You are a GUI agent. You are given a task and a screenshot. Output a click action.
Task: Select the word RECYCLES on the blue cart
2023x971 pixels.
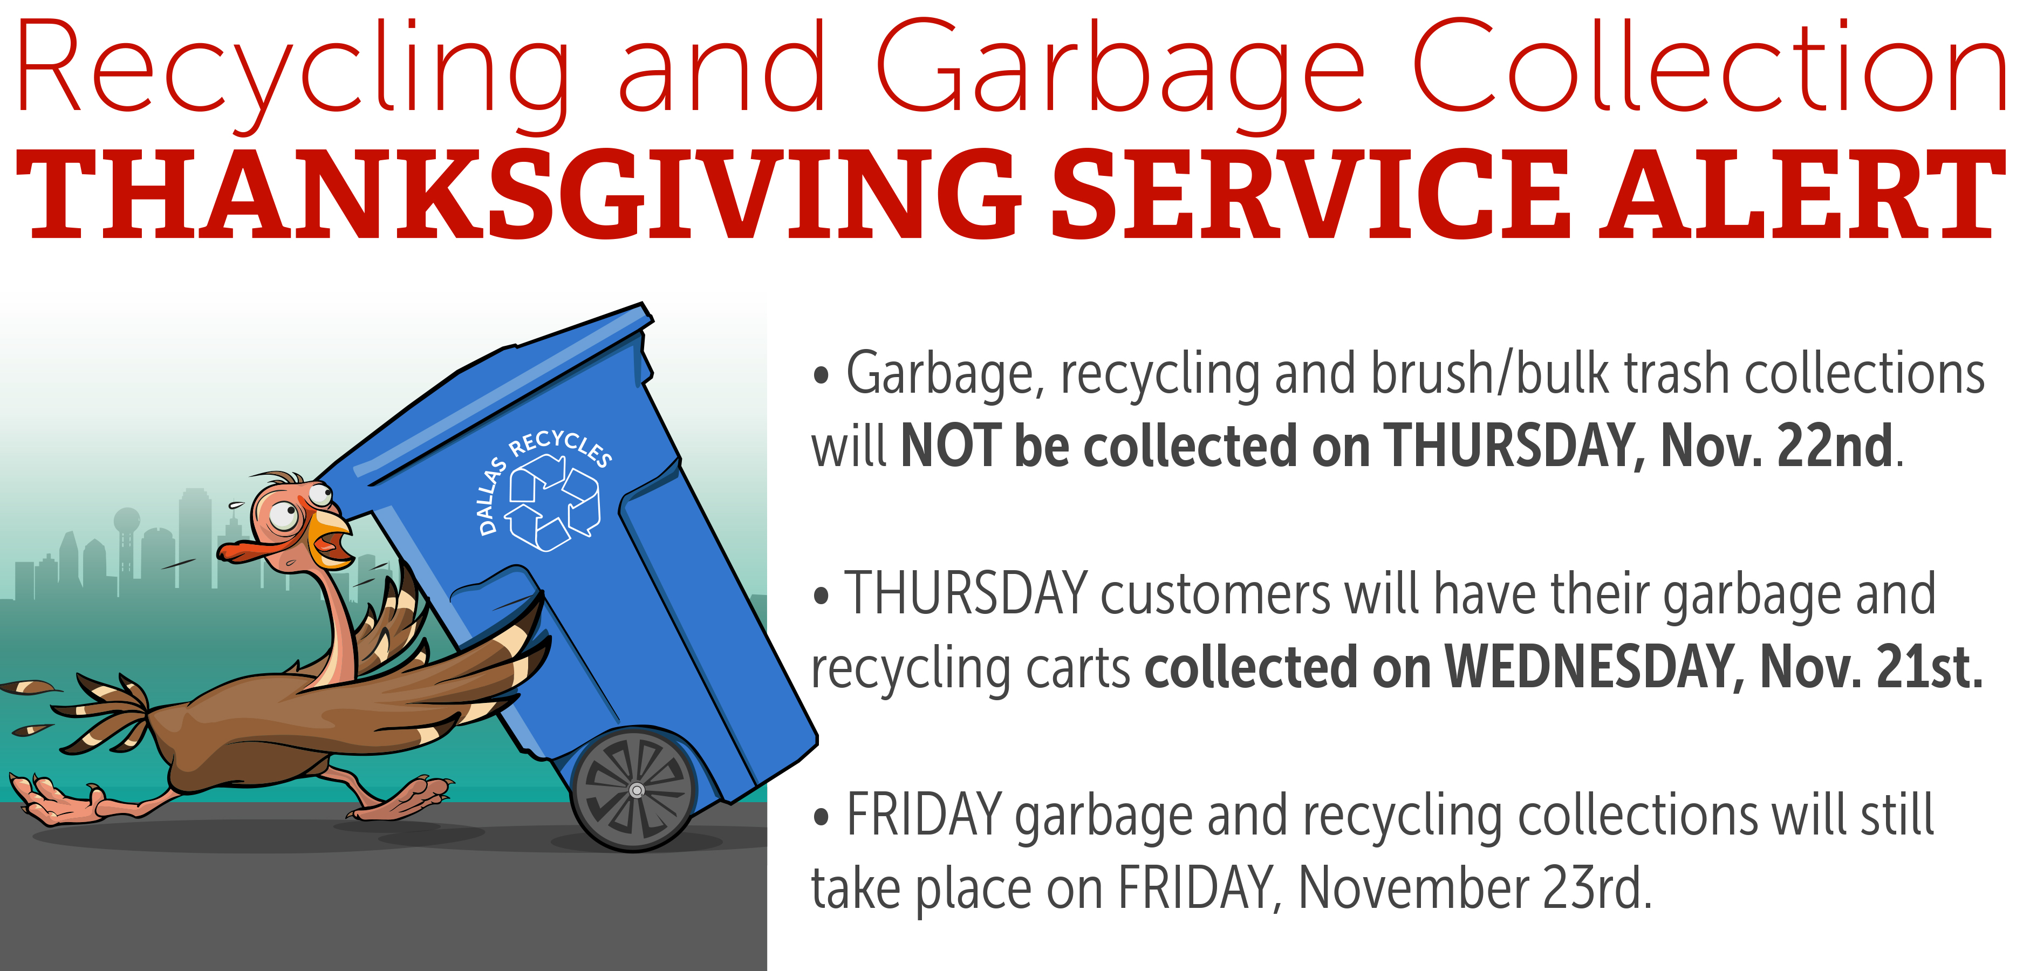tap(560, 446)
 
